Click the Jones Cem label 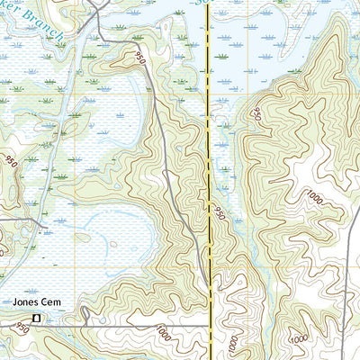32,302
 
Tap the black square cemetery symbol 37,319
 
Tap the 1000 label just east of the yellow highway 233,343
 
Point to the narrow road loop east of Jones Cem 83,315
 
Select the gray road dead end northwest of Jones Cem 3,219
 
